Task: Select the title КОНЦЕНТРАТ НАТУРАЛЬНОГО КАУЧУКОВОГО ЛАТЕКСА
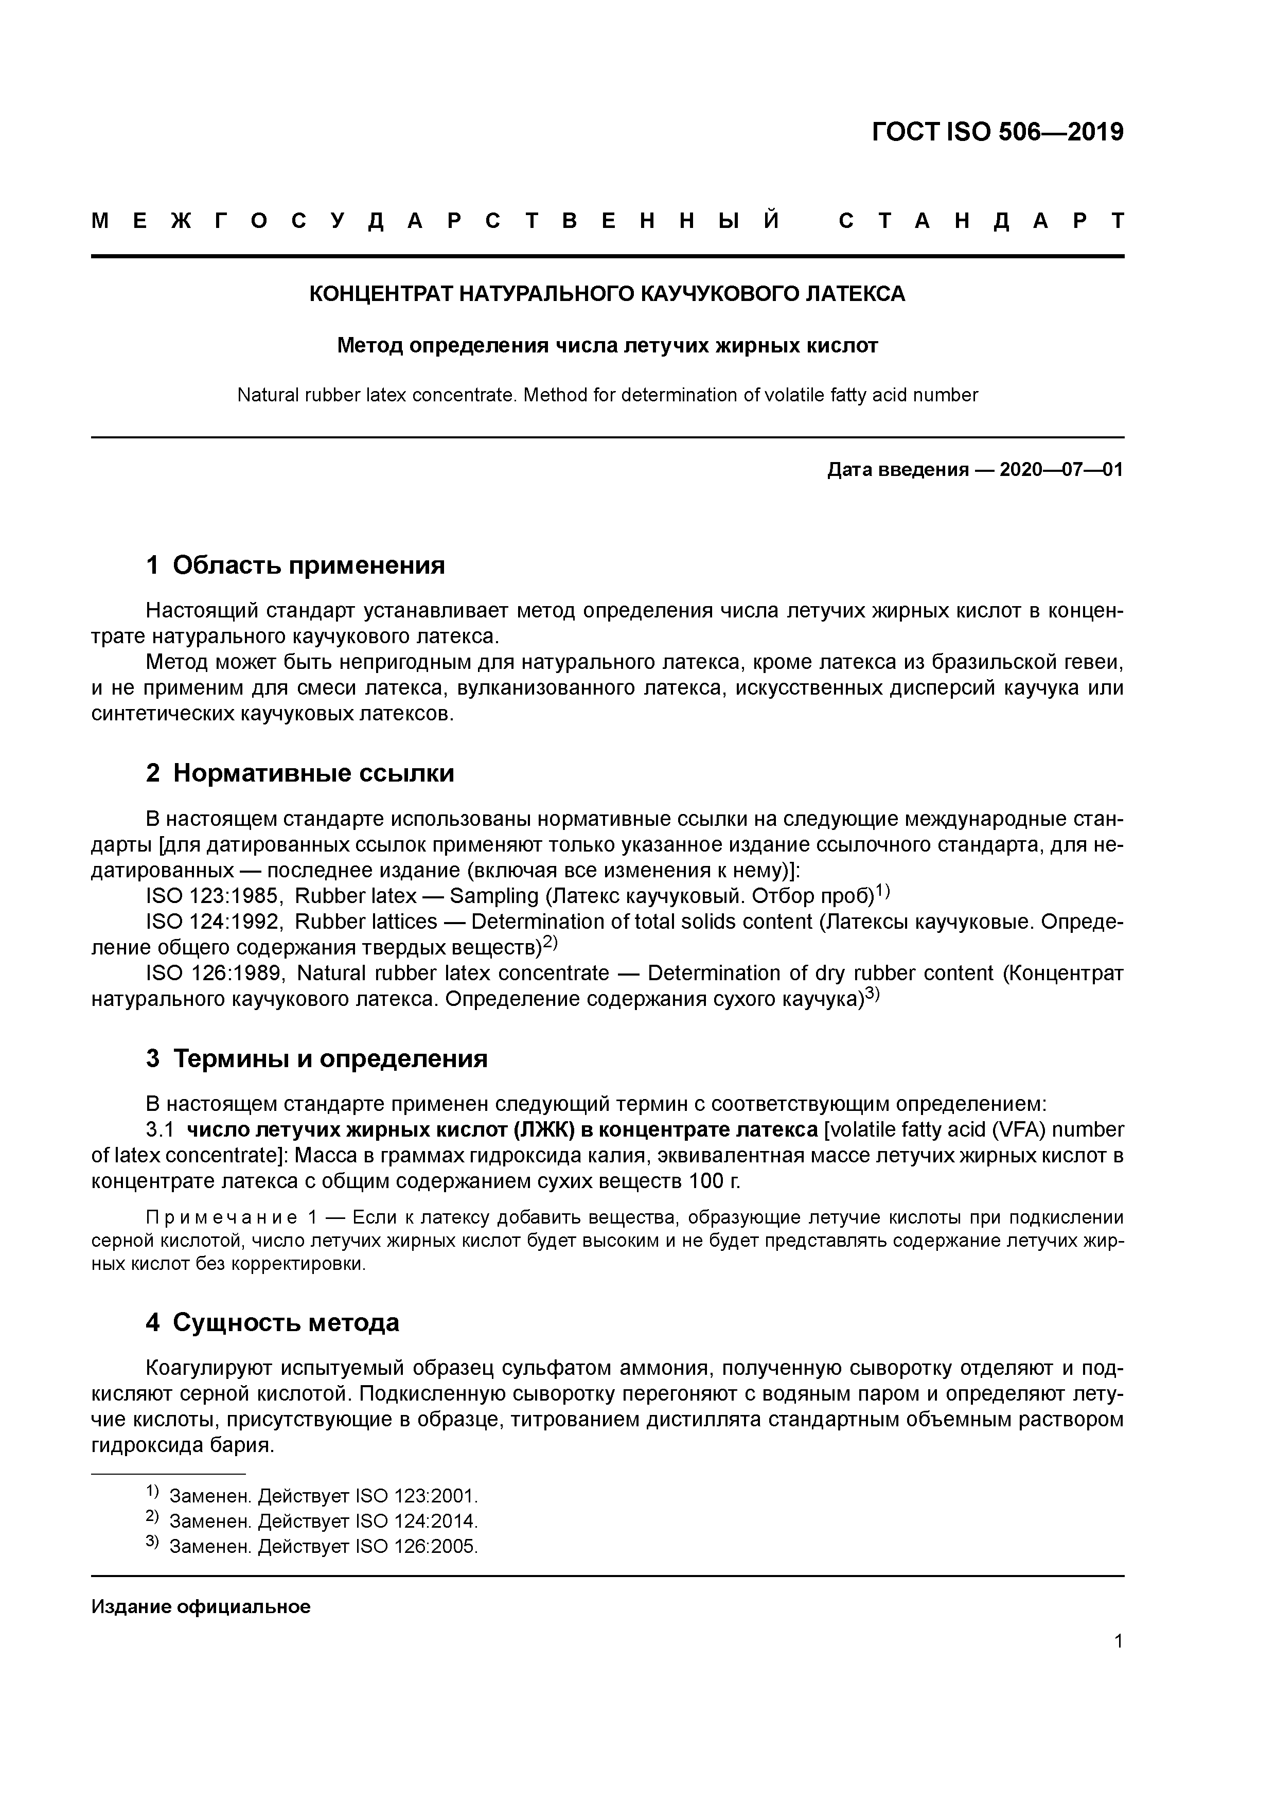pos(607,294)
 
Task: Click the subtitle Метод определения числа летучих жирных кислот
pos(607,345)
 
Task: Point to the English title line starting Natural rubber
pos(607,396)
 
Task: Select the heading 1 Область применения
pos(296,565)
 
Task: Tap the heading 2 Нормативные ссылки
pos(300,773)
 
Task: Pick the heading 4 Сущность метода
pos(273,1322)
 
